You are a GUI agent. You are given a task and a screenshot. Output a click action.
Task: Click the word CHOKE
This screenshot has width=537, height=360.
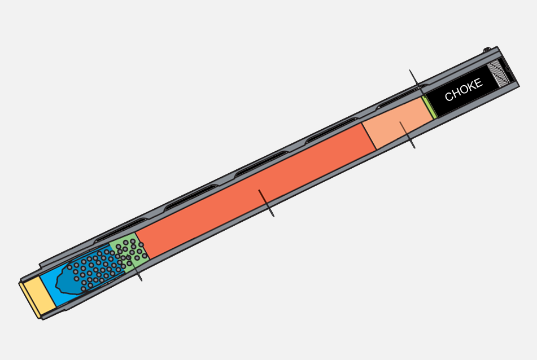(x=464, y=90)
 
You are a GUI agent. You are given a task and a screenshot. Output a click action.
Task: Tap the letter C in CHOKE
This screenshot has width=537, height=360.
(x=448, y=96)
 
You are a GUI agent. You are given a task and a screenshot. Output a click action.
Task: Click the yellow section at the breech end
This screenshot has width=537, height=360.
(x=38, y=297)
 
